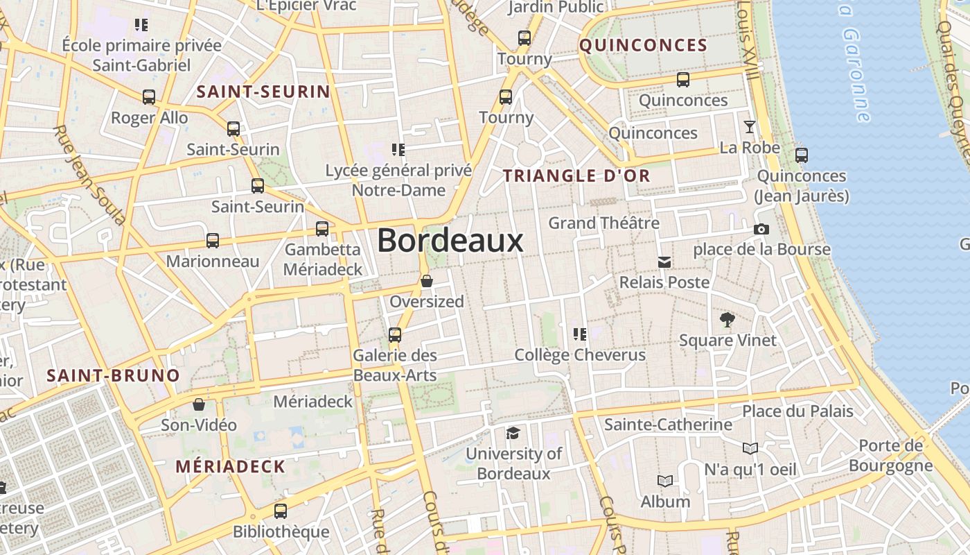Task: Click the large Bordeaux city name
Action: click(x=450, y=241)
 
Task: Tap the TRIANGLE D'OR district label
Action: click(x=576, y=176)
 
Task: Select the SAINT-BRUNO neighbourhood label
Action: click(x=113, y=376)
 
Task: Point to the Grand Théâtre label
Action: click(x=603, y=223)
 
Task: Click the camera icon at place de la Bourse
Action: click(x=761, y=229)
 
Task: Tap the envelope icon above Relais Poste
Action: click(x=664, y=262)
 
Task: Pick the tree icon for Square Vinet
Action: click(x=727, y=320)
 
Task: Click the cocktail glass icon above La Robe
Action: click(x=749, y=127)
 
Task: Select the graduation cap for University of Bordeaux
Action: click(x=513, y=434)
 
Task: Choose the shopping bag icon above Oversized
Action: click(x=427, y=281)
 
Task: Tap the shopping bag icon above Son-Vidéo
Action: click(x=199, y=404)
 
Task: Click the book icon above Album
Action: click(x=664, y=481)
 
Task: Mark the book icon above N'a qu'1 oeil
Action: click(x=750, y=448)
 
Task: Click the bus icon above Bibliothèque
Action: click(x=280, y=511)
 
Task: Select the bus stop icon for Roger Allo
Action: click(x=149, y=97)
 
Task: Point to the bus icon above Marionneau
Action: click(x=213, y=241)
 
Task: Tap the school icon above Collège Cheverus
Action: click(x=580, y=334)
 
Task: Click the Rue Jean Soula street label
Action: click(x=90, y=175)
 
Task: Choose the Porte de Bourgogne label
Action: click(x=891, y=455)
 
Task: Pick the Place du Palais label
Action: click(x=797, y=411)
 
